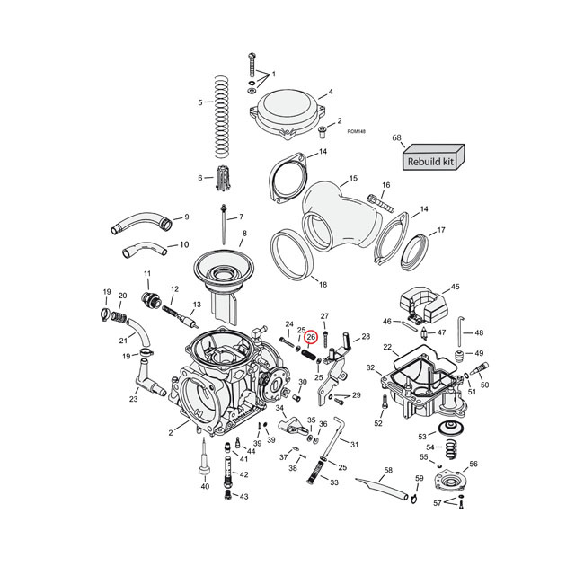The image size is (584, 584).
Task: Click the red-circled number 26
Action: pos(311,338)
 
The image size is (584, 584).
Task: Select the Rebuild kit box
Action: pos(431,161)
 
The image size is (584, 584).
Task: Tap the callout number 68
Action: pos(396,137)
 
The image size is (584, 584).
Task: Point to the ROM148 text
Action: pos(356,131)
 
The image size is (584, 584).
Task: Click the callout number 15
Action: pos(353,179)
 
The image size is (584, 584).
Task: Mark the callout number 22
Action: pos(387,347)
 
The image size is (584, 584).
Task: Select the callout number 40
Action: pos(205,486)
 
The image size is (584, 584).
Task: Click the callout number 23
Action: pos(133,400)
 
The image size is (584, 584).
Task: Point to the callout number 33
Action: pos(334,482)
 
